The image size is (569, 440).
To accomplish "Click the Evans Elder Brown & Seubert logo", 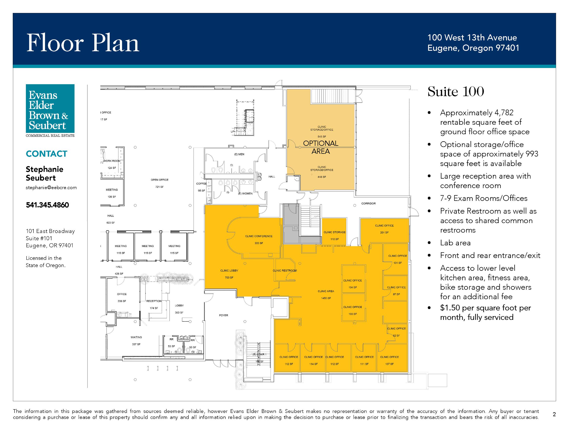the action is tap(50, 110).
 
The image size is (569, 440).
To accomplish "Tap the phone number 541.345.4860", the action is tap(47, 205).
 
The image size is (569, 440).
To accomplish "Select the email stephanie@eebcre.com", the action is tap(51, 187).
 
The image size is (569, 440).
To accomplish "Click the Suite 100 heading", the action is tap(456, 92).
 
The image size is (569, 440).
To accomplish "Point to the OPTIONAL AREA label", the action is tap(321, 147).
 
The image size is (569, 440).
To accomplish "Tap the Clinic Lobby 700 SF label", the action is tap(229, 274).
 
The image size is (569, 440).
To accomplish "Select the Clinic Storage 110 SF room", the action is tap(334, 232).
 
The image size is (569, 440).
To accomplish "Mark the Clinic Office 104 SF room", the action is tap(353, 279).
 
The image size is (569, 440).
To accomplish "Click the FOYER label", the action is tap(224, 315).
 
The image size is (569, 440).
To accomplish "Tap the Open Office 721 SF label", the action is tap(159, 183).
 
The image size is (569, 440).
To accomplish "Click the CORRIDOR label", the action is tap(368, 203).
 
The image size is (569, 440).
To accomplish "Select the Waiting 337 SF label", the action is tap(136, 341).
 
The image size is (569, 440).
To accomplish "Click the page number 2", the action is tap(554, 414).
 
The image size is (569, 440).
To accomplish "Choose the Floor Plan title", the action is tap(83, 43).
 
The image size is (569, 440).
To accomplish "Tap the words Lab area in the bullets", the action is tap(455, 243).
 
